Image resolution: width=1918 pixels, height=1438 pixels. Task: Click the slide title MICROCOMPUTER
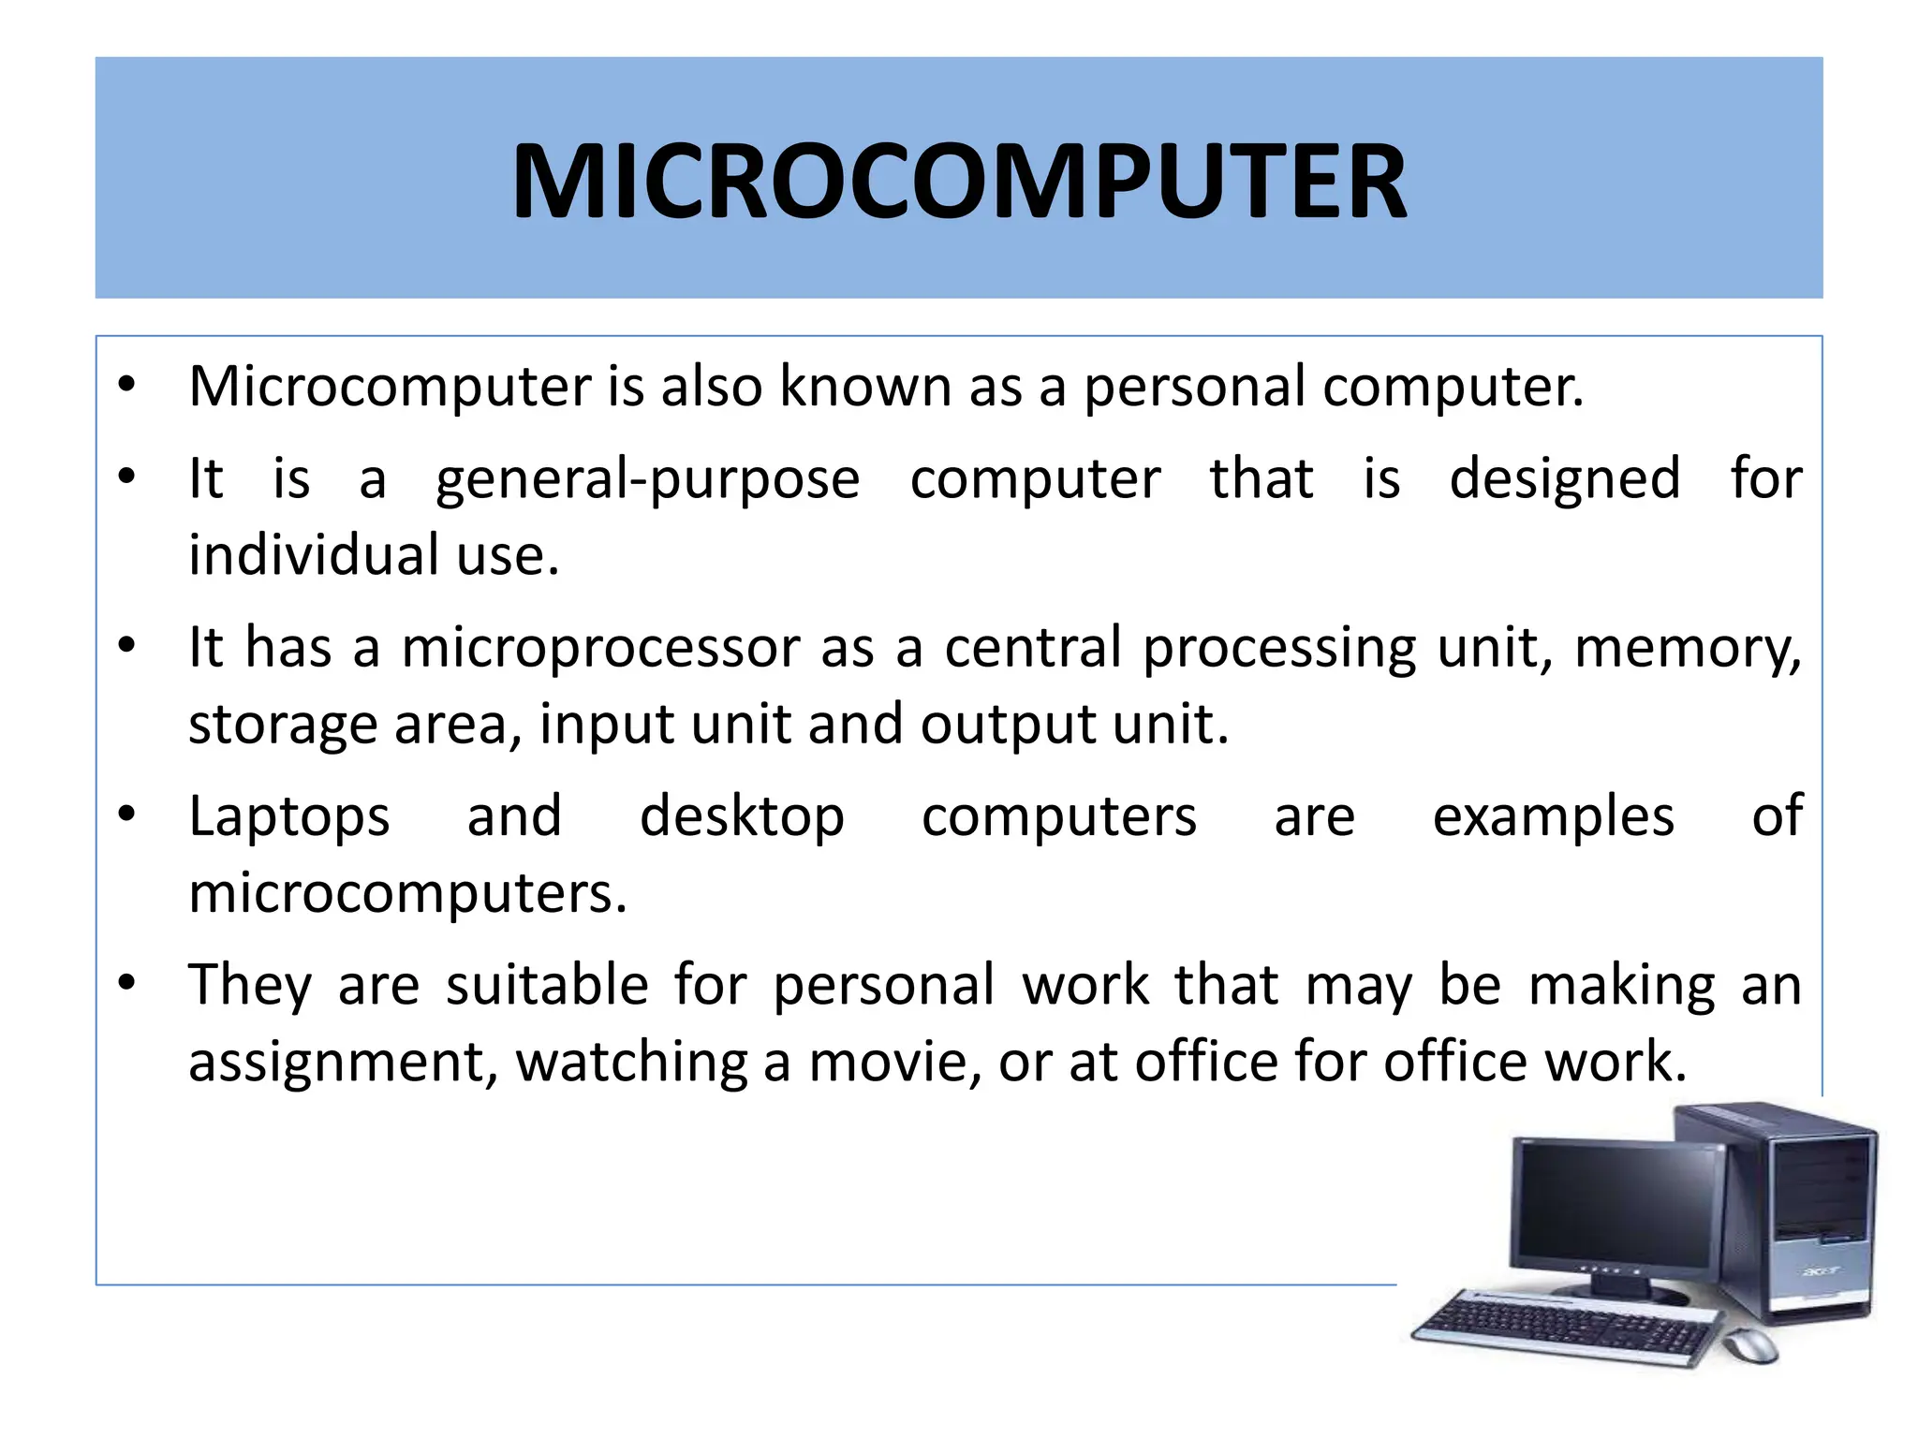tap(959, 181)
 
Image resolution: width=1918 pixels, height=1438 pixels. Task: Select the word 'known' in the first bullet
tap(865, 386)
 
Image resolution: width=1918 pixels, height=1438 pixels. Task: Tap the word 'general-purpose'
tap(647, 479)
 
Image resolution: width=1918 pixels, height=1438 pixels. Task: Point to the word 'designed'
tap(1564, 479)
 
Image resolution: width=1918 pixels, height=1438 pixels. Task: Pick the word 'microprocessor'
tap(602, 648)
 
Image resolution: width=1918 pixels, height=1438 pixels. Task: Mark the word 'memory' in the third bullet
tap(1686, 648)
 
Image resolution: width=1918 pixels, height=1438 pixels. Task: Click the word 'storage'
tap(283, 725)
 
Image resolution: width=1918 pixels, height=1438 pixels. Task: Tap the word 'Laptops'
tap(288, 816)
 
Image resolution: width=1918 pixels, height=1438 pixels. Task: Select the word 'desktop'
tap(742, 816)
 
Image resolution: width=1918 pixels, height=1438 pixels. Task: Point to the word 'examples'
tap(1553, 816)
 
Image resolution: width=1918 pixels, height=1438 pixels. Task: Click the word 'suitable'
tap(547, 985)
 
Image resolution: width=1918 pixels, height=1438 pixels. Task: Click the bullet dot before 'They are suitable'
tap(127, 983)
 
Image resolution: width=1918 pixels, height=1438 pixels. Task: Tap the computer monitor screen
tap(1618, 1208)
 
